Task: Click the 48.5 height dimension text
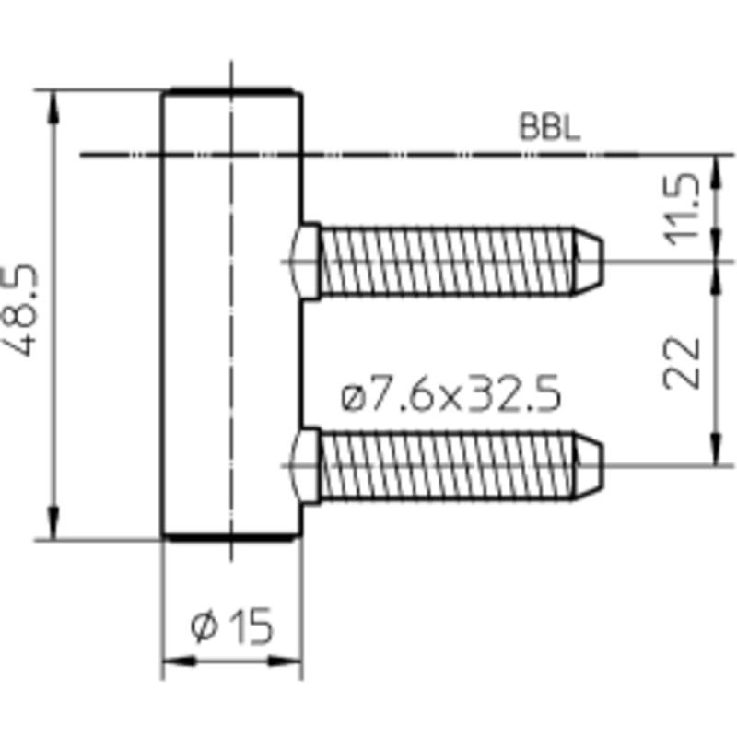coord(18,311)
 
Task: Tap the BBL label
coord(549,127)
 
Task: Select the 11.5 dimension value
coord(682,210)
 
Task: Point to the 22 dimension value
coord(682,363)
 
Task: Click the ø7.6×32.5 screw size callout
coord(450,393)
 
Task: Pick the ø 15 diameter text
coord(232,626)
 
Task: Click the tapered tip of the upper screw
coord(588,262)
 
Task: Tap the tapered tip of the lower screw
coord(588,466)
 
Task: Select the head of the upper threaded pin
coord(306,262)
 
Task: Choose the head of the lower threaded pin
coord(306,466)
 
